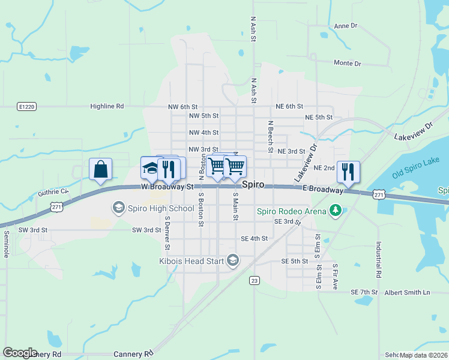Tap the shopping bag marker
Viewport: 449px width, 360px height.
101,169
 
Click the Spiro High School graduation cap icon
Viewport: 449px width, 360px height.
118,208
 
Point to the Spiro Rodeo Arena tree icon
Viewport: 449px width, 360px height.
335,211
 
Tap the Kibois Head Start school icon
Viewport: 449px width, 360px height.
233,260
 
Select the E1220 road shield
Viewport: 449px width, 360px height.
26,106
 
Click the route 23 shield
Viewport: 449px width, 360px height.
255,280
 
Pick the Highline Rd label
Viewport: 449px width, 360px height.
107,106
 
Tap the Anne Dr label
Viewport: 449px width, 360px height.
345,26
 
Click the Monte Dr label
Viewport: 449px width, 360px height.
347,63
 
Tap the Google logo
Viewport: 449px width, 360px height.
20,352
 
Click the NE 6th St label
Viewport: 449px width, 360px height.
289,106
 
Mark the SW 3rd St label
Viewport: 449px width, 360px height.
32,230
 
